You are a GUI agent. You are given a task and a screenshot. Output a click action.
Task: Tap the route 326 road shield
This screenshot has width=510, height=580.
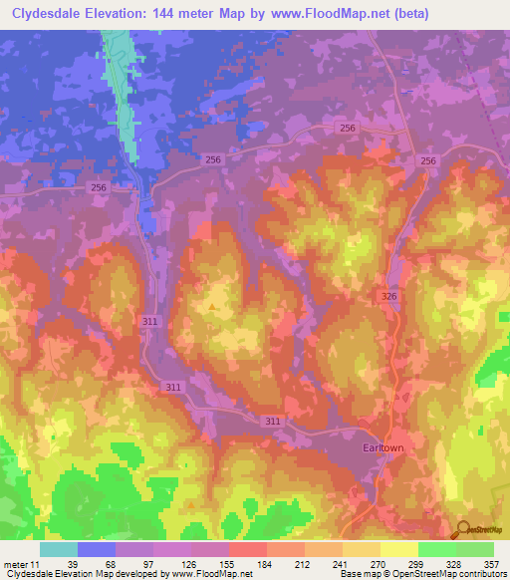click(389, 297)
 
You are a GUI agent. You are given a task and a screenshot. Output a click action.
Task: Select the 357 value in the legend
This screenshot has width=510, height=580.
click(488, 563)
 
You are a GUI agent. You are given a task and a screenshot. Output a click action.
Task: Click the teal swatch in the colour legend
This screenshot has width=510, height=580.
click(59, 549)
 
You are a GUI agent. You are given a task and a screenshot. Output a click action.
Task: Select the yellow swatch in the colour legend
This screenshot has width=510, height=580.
click(399, 549)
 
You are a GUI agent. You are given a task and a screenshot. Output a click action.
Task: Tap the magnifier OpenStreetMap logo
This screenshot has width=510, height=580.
click(463, 529)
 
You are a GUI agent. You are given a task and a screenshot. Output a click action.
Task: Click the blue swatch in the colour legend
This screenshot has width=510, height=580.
click(97, 549)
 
